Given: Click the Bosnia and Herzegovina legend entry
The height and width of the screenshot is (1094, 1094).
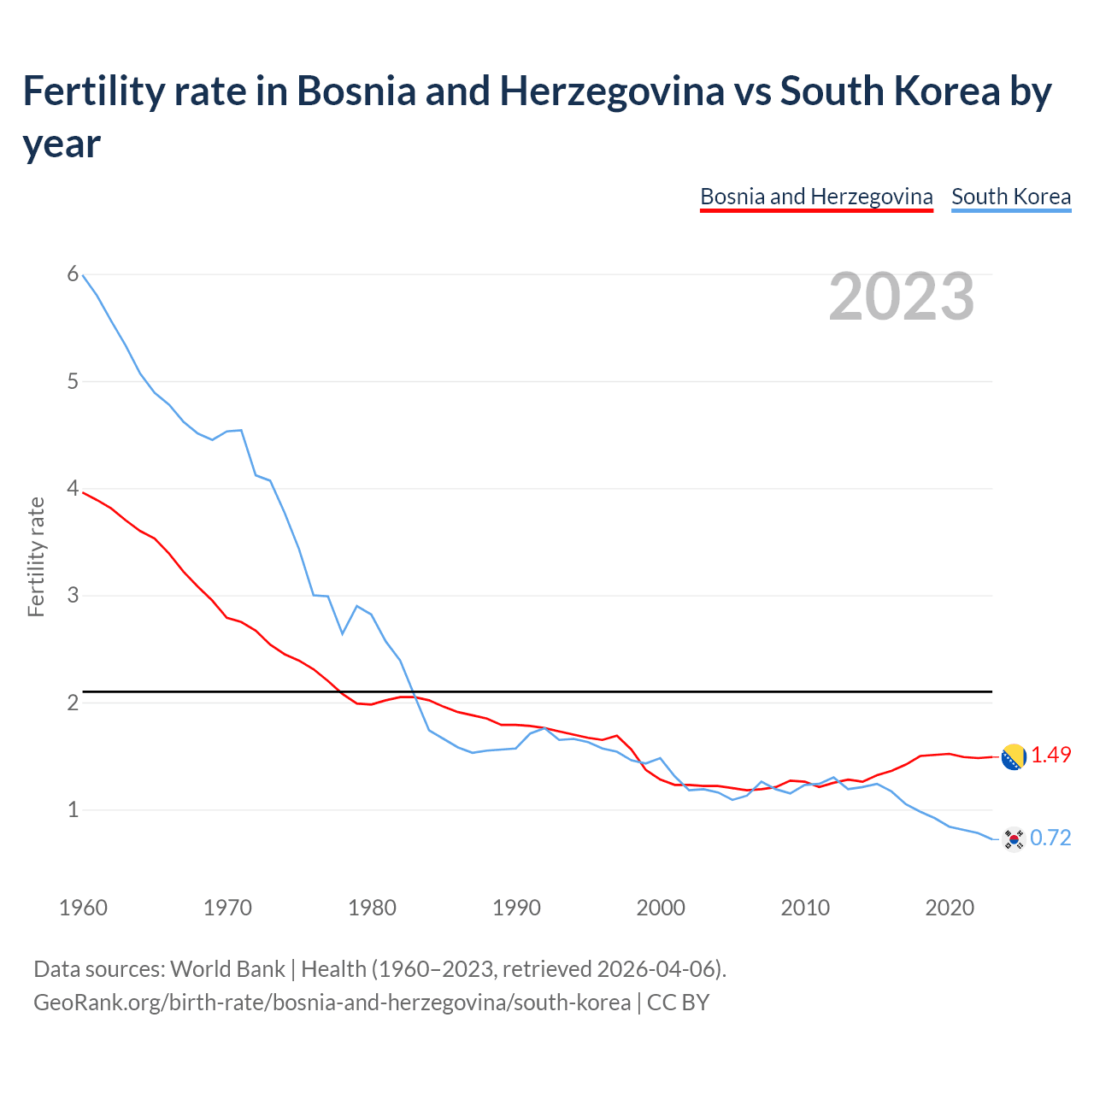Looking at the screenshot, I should pos(816,197).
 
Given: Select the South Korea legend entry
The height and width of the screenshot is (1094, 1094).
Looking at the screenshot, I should pos(1011,197).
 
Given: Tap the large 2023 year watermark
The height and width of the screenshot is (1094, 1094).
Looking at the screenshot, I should pos(902,297).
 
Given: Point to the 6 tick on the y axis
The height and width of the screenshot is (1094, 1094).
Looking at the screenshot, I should pos(73,274).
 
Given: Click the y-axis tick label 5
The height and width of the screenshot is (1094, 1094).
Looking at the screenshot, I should pos(73,381).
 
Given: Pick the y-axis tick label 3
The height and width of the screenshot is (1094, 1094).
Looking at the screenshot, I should pos(73,596).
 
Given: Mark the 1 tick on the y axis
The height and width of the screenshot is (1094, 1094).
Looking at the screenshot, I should pos(73,809).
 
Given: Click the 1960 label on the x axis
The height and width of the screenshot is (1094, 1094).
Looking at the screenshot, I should pos(83,908).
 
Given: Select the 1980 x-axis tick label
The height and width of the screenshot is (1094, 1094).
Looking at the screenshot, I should pos(372,908).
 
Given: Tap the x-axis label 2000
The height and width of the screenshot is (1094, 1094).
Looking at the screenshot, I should pos(661,908).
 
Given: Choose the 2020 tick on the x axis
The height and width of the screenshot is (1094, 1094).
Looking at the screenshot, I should pos(950,908).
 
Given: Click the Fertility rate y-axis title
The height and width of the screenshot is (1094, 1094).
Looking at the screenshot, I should pos(36,556).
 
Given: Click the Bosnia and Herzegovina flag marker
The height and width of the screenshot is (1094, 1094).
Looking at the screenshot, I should pos(1013,756).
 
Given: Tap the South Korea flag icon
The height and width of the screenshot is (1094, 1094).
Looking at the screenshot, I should pos(1014,839).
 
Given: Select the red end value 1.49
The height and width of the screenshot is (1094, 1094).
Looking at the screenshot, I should pos(1050,756).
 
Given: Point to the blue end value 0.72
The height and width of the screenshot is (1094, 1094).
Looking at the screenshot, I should pos(1050,838).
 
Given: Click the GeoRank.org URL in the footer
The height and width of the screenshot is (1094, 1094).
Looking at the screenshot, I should pos(332,1002).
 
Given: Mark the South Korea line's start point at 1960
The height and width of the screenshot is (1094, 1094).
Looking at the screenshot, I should pos(83,275).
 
